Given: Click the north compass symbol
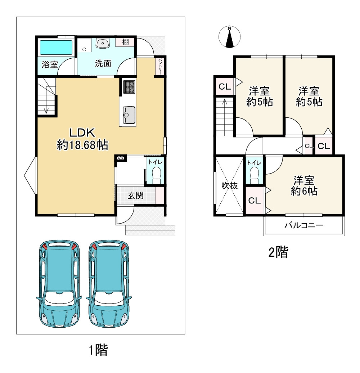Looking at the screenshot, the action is (229, 37).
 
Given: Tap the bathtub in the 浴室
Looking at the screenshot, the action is (56, 48).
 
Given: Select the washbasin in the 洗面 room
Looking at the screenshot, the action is (103, 43).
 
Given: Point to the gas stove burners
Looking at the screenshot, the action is (129, 86).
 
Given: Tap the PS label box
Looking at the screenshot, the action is (121, 158).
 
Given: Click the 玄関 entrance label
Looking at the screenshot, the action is (135, 196).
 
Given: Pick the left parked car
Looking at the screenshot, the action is (59, 283).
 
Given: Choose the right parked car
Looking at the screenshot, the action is (109, 283).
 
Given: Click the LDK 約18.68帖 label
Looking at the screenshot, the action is (82, 139).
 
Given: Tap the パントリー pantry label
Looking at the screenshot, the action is (160, 66).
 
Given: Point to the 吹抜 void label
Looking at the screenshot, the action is (229, 185).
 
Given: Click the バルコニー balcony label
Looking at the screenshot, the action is (304, 225).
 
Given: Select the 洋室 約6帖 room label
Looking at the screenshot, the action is (304, 185).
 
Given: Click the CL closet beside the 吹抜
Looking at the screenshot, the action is (255, 201).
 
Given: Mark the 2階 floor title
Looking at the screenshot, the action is (278, 252).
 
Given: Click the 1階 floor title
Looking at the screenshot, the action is (98, 350).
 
